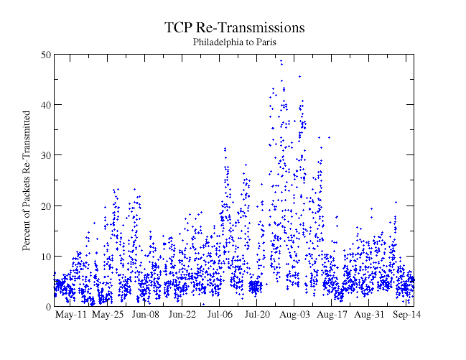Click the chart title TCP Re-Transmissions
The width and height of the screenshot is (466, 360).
(235, 28)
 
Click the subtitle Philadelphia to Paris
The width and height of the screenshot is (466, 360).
(235, 42)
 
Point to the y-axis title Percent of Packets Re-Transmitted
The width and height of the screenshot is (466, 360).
(27, 180)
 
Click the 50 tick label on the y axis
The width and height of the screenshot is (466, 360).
(45, 55)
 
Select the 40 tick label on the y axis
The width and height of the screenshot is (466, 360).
(45, 105)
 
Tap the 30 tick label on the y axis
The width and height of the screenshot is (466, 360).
(45, 155)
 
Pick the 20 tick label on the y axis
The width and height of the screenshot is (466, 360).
(45, 206)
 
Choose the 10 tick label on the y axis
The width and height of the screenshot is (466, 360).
(45, 256)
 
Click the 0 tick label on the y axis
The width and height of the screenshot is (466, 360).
(47, 307)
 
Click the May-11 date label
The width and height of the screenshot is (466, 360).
(70, 315)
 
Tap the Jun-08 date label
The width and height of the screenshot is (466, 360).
(145, 315)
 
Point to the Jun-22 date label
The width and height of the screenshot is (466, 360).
(182, 315)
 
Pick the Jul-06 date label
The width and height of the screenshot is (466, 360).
(220, 315)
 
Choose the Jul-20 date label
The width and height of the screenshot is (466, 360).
(257, 315)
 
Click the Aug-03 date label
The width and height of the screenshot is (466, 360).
(294, 315)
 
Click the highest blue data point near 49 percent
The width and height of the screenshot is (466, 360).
(281, 60)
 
